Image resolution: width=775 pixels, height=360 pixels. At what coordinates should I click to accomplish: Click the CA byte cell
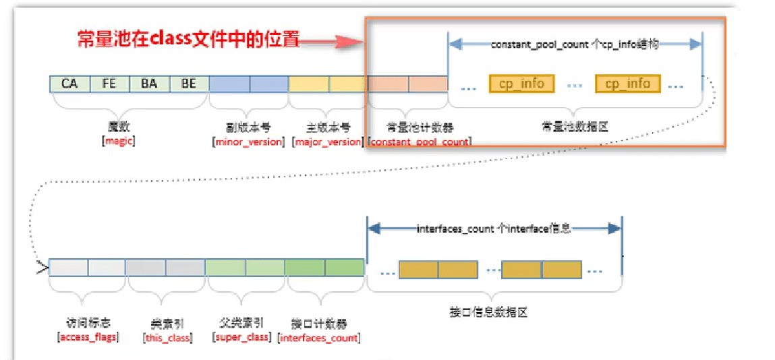click(69, 84)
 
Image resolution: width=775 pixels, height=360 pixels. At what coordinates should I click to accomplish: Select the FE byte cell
click(109, 84)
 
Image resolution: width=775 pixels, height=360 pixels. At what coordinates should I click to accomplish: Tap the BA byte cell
click(149, 84)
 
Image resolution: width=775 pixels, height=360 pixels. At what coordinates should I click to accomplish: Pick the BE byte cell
click(189, 84)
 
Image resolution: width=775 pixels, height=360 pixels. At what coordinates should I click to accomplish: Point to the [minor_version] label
click(249, 142)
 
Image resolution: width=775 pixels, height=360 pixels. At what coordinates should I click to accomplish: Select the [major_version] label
click(328, 142)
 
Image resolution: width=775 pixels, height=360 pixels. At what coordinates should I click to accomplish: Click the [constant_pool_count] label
click(420, 142)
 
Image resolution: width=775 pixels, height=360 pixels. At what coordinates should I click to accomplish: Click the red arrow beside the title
click(331, 42)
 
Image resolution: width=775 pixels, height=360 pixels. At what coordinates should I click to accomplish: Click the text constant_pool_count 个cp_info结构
click(575, 44)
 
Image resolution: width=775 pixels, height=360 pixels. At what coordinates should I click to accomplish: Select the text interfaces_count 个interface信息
click(494, 229)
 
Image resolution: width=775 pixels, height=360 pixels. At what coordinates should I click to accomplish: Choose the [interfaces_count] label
click(319, 338)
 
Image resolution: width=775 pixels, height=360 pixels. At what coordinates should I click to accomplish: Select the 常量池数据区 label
click(575, 127)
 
